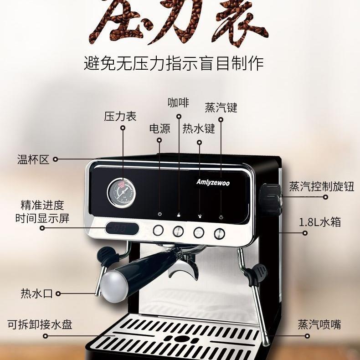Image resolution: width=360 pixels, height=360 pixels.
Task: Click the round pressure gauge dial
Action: pos(121,192)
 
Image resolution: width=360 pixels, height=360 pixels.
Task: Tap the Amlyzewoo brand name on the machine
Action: pos(213,182)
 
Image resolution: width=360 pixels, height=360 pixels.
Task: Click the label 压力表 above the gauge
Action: pos(120,116)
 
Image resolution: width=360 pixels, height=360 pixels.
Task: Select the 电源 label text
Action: pos(159,129)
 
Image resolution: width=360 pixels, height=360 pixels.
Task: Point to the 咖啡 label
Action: pos(178,103)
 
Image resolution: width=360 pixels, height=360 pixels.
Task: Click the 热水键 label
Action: pos(199,129)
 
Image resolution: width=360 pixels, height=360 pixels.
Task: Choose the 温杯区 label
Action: pos(33,159)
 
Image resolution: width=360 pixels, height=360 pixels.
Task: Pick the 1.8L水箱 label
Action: pos(320,222)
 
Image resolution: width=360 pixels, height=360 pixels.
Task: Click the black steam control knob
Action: pos(269,199)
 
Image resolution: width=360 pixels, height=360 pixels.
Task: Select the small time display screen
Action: pos(123,228)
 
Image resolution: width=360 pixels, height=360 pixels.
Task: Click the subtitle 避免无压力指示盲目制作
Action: pos(174,63)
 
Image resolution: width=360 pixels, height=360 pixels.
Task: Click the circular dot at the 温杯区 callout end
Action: pos(55,159)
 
